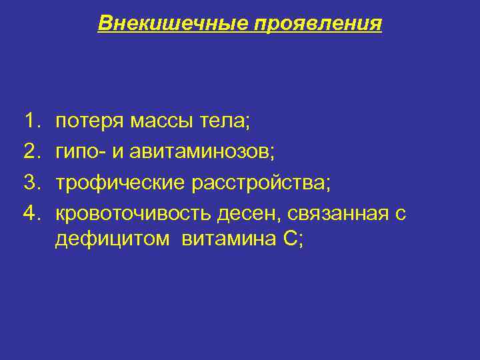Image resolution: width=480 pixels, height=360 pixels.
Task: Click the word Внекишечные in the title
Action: [x=173, y=24]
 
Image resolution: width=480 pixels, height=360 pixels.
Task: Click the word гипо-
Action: [x=79, y=152]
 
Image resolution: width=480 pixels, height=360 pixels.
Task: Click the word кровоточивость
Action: [x=133, y=213]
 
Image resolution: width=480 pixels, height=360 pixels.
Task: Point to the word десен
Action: [x=244, y=213]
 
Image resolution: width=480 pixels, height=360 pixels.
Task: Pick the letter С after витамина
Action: [x=284, y=239]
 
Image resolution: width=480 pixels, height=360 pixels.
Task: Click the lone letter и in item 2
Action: [x=118, y=152]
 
